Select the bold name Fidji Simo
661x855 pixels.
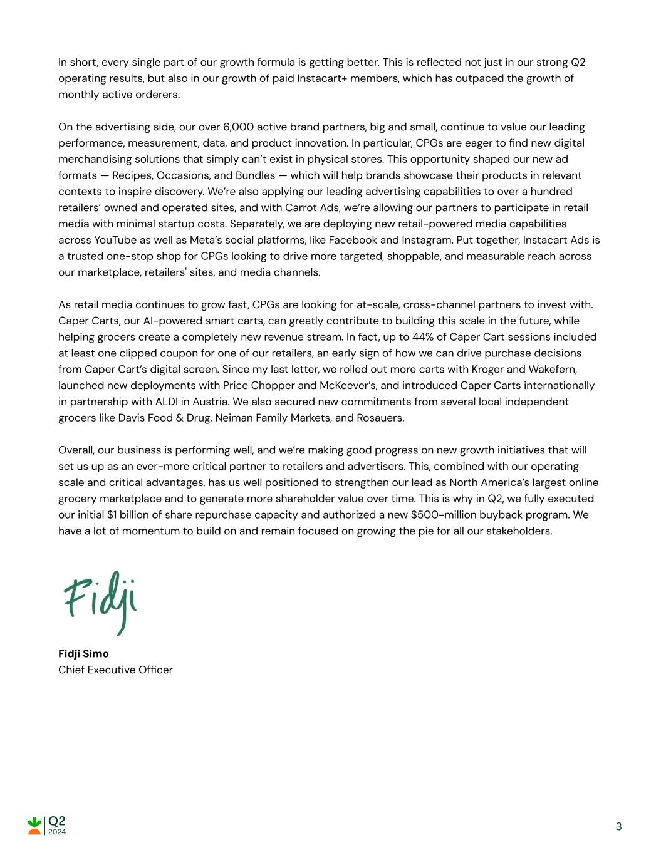(x=83, y=653)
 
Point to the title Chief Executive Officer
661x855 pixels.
(x=115, y=670)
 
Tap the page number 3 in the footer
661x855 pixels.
(x=618, y=826)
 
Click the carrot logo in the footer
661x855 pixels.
(x=34, y=825)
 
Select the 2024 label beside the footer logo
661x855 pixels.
(x=57, y=832)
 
